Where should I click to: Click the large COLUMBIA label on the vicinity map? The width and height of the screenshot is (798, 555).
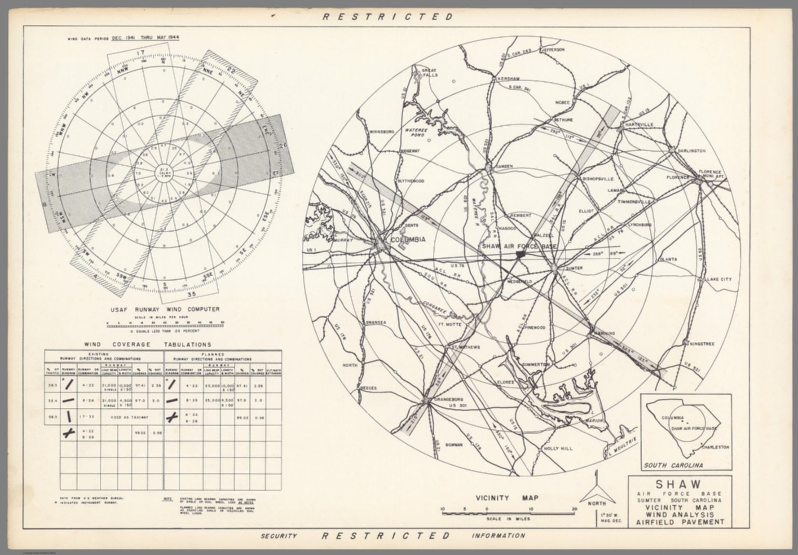point(407,240)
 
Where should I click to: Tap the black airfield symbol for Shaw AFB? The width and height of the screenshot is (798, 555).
point(520,254)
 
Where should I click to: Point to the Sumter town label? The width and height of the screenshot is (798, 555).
point(573,268)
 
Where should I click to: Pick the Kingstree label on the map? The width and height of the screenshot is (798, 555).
point(702,343)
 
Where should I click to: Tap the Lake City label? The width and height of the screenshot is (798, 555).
point(719,279)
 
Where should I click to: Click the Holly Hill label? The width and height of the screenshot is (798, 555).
point(557,448)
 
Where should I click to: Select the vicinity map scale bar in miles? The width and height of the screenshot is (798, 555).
point(508,513)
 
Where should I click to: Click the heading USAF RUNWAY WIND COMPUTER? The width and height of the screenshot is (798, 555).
point(165,309)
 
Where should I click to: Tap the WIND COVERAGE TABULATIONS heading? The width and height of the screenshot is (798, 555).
point(148,344)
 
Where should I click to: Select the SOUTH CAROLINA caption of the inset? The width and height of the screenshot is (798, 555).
point(673,465)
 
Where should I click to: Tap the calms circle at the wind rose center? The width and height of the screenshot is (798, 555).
point(164,174)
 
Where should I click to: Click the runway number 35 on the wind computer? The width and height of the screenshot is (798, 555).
point(177,294)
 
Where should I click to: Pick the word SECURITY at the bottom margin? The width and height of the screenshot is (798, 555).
point(278,536)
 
